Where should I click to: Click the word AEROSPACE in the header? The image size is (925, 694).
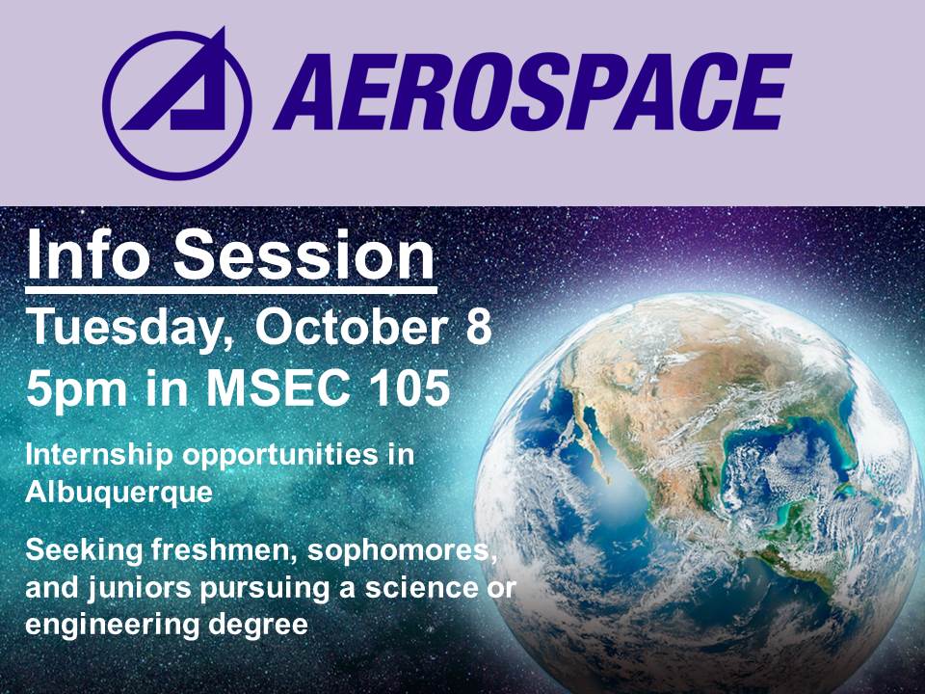[x=532, y=93]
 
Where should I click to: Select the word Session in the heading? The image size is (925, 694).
[x=304, y=254]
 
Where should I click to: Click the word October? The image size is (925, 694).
[x=351, y=327]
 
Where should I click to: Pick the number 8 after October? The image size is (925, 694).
[x=479, y=327]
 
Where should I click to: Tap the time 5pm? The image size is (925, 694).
[x=76, y=390]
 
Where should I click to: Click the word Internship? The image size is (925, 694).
[x=99, y=457]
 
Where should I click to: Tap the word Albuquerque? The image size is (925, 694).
[x=119, y=493]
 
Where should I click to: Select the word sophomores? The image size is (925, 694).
[x=402, y=551]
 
